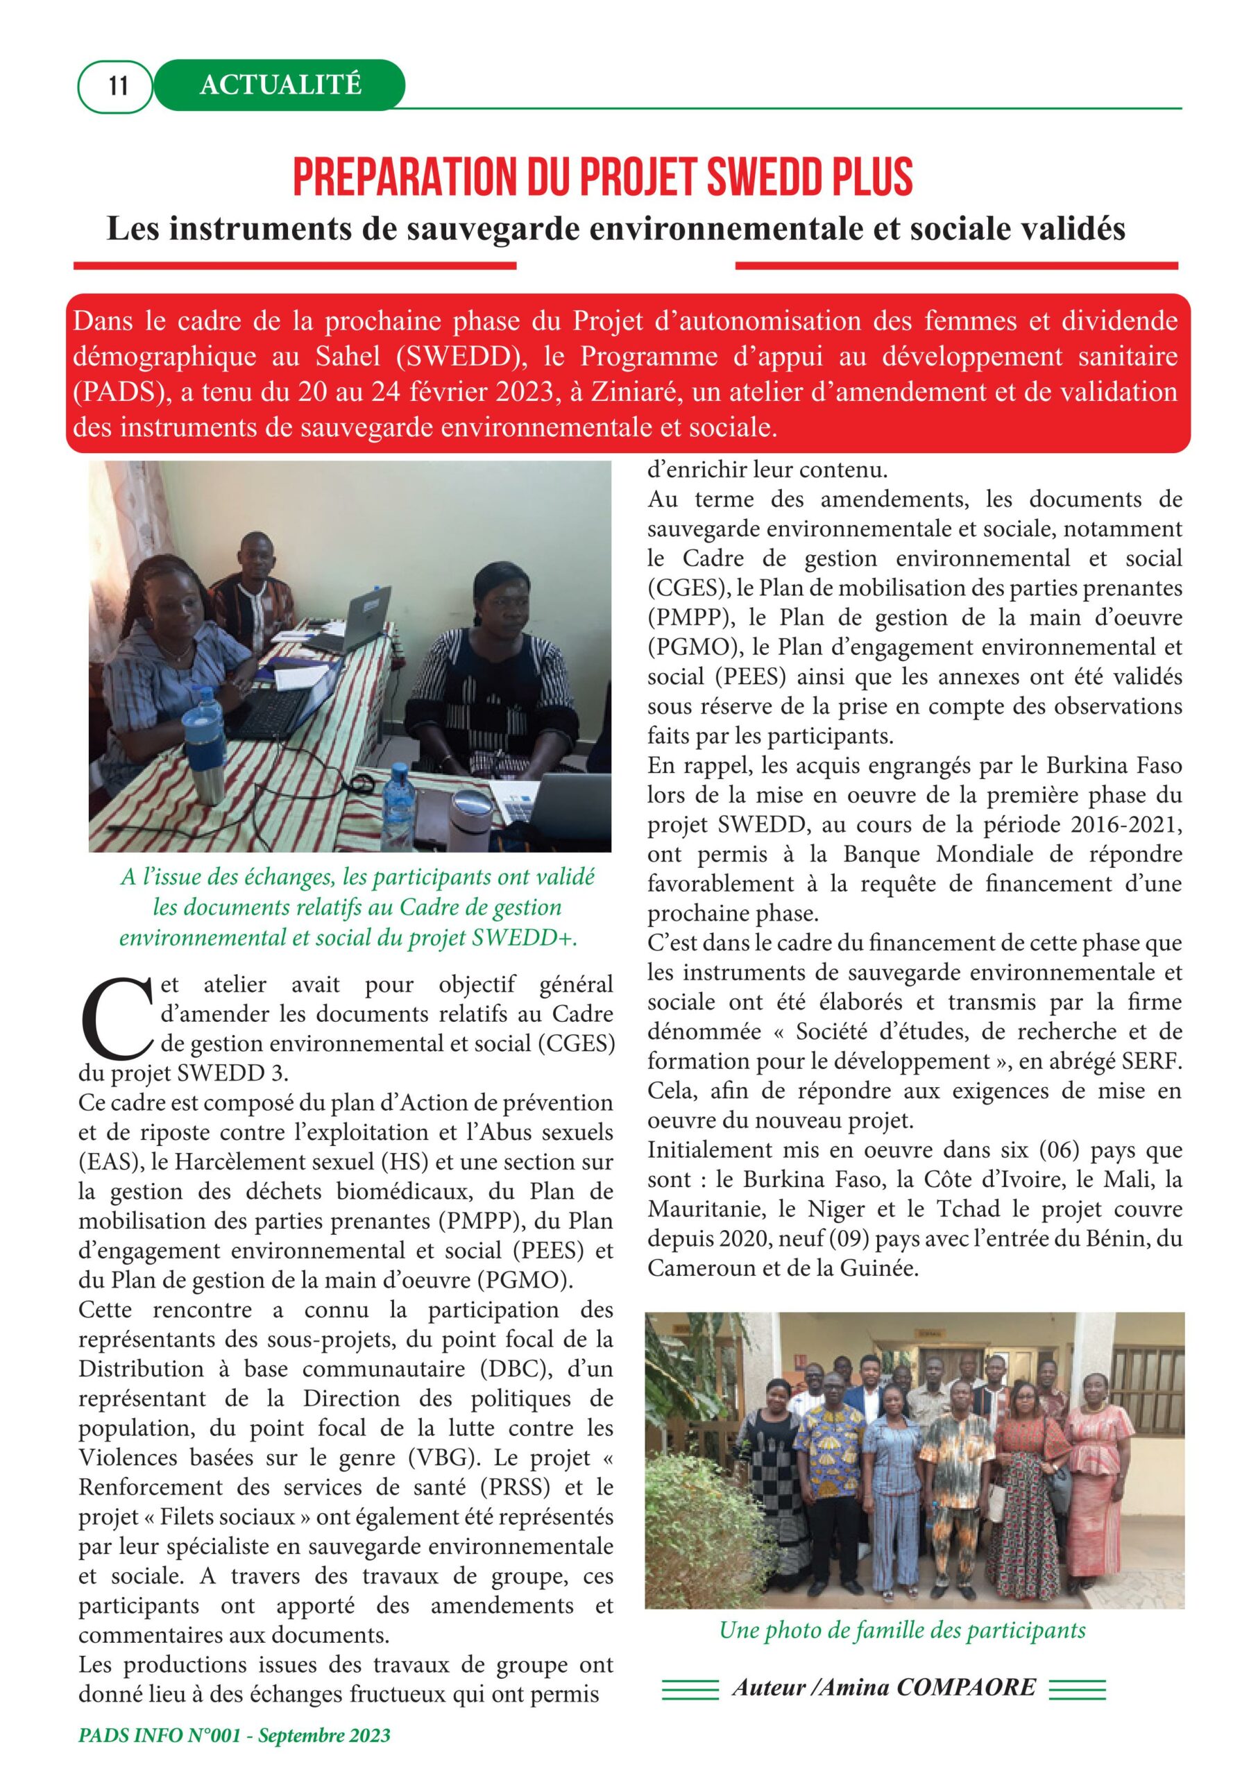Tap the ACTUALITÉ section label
point(280,85)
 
